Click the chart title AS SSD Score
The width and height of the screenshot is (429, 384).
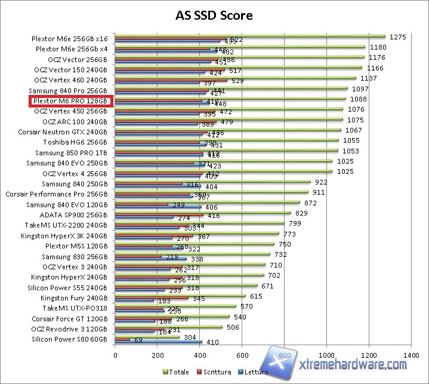[214, 15]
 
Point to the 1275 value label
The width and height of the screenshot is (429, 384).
[397, 37]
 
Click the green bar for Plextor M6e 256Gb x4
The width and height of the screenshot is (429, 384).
[239, 47]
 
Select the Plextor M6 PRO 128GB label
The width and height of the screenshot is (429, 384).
[70, 101]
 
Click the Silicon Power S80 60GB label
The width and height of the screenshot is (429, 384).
[70, 339]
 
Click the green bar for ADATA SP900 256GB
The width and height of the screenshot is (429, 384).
[203, 212]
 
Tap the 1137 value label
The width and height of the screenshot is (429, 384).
[368, 78]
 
